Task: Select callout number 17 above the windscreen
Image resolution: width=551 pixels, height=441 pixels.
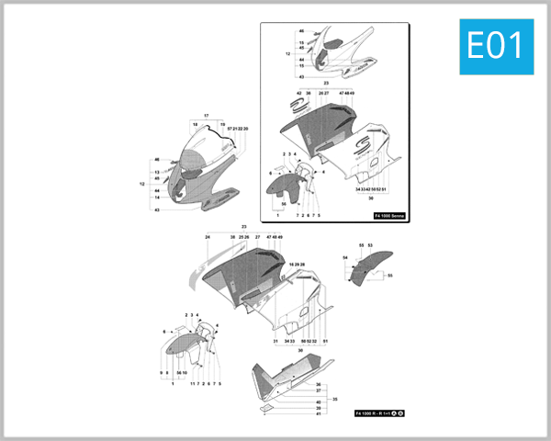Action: tap(207, 115)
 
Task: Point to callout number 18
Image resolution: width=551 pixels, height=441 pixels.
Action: tap(195, 124)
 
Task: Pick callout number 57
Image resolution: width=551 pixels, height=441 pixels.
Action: tap(229, 129)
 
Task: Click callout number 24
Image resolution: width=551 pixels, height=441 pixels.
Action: tap(208, 237)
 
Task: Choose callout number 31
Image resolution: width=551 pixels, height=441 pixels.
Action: tap(275, 341)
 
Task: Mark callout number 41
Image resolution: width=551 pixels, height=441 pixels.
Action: tap(318, 413)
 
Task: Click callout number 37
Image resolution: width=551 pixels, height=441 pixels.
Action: tap(318, 391)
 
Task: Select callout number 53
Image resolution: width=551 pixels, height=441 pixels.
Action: tap(370, 245)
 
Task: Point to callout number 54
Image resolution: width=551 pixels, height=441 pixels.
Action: tap(345, 258)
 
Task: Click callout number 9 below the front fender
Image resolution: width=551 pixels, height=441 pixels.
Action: tap(161, 372)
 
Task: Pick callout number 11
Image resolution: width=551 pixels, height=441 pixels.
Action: tap(193, 383)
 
